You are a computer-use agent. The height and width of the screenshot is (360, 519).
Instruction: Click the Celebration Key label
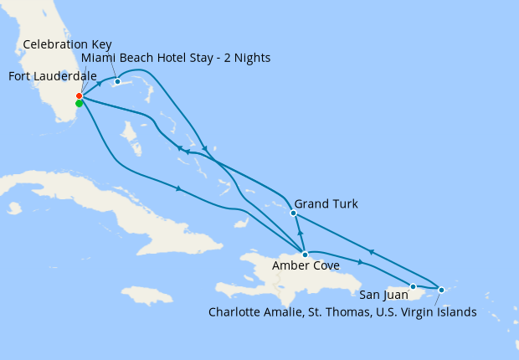point(68,44)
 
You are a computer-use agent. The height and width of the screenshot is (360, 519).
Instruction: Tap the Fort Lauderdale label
point(53,77)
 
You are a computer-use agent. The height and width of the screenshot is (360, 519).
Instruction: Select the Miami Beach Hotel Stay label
point(176,57)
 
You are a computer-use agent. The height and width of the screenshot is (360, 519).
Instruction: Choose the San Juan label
point(384,295)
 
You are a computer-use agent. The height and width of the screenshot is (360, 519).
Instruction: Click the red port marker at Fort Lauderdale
point(79,96)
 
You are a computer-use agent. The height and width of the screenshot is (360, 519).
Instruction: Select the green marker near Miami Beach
point(79,104)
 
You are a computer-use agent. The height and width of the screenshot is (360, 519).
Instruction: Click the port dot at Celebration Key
point(117,81)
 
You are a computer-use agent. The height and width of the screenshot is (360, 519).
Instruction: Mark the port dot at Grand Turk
point(293,213)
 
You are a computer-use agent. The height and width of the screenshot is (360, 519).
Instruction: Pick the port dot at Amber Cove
point(305,254)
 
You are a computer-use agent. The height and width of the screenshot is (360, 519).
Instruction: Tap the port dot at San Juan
point(413,286)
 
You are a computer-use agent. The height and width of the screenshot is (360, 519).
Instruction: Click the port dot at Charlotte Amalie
point(441,290)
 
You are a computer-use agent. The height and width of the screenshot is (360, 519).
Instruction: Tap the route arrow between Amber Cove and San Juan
point(361,262)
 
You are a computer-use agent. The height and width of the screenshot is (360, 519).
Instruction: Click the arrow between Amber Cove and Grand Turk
point(300,231)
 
